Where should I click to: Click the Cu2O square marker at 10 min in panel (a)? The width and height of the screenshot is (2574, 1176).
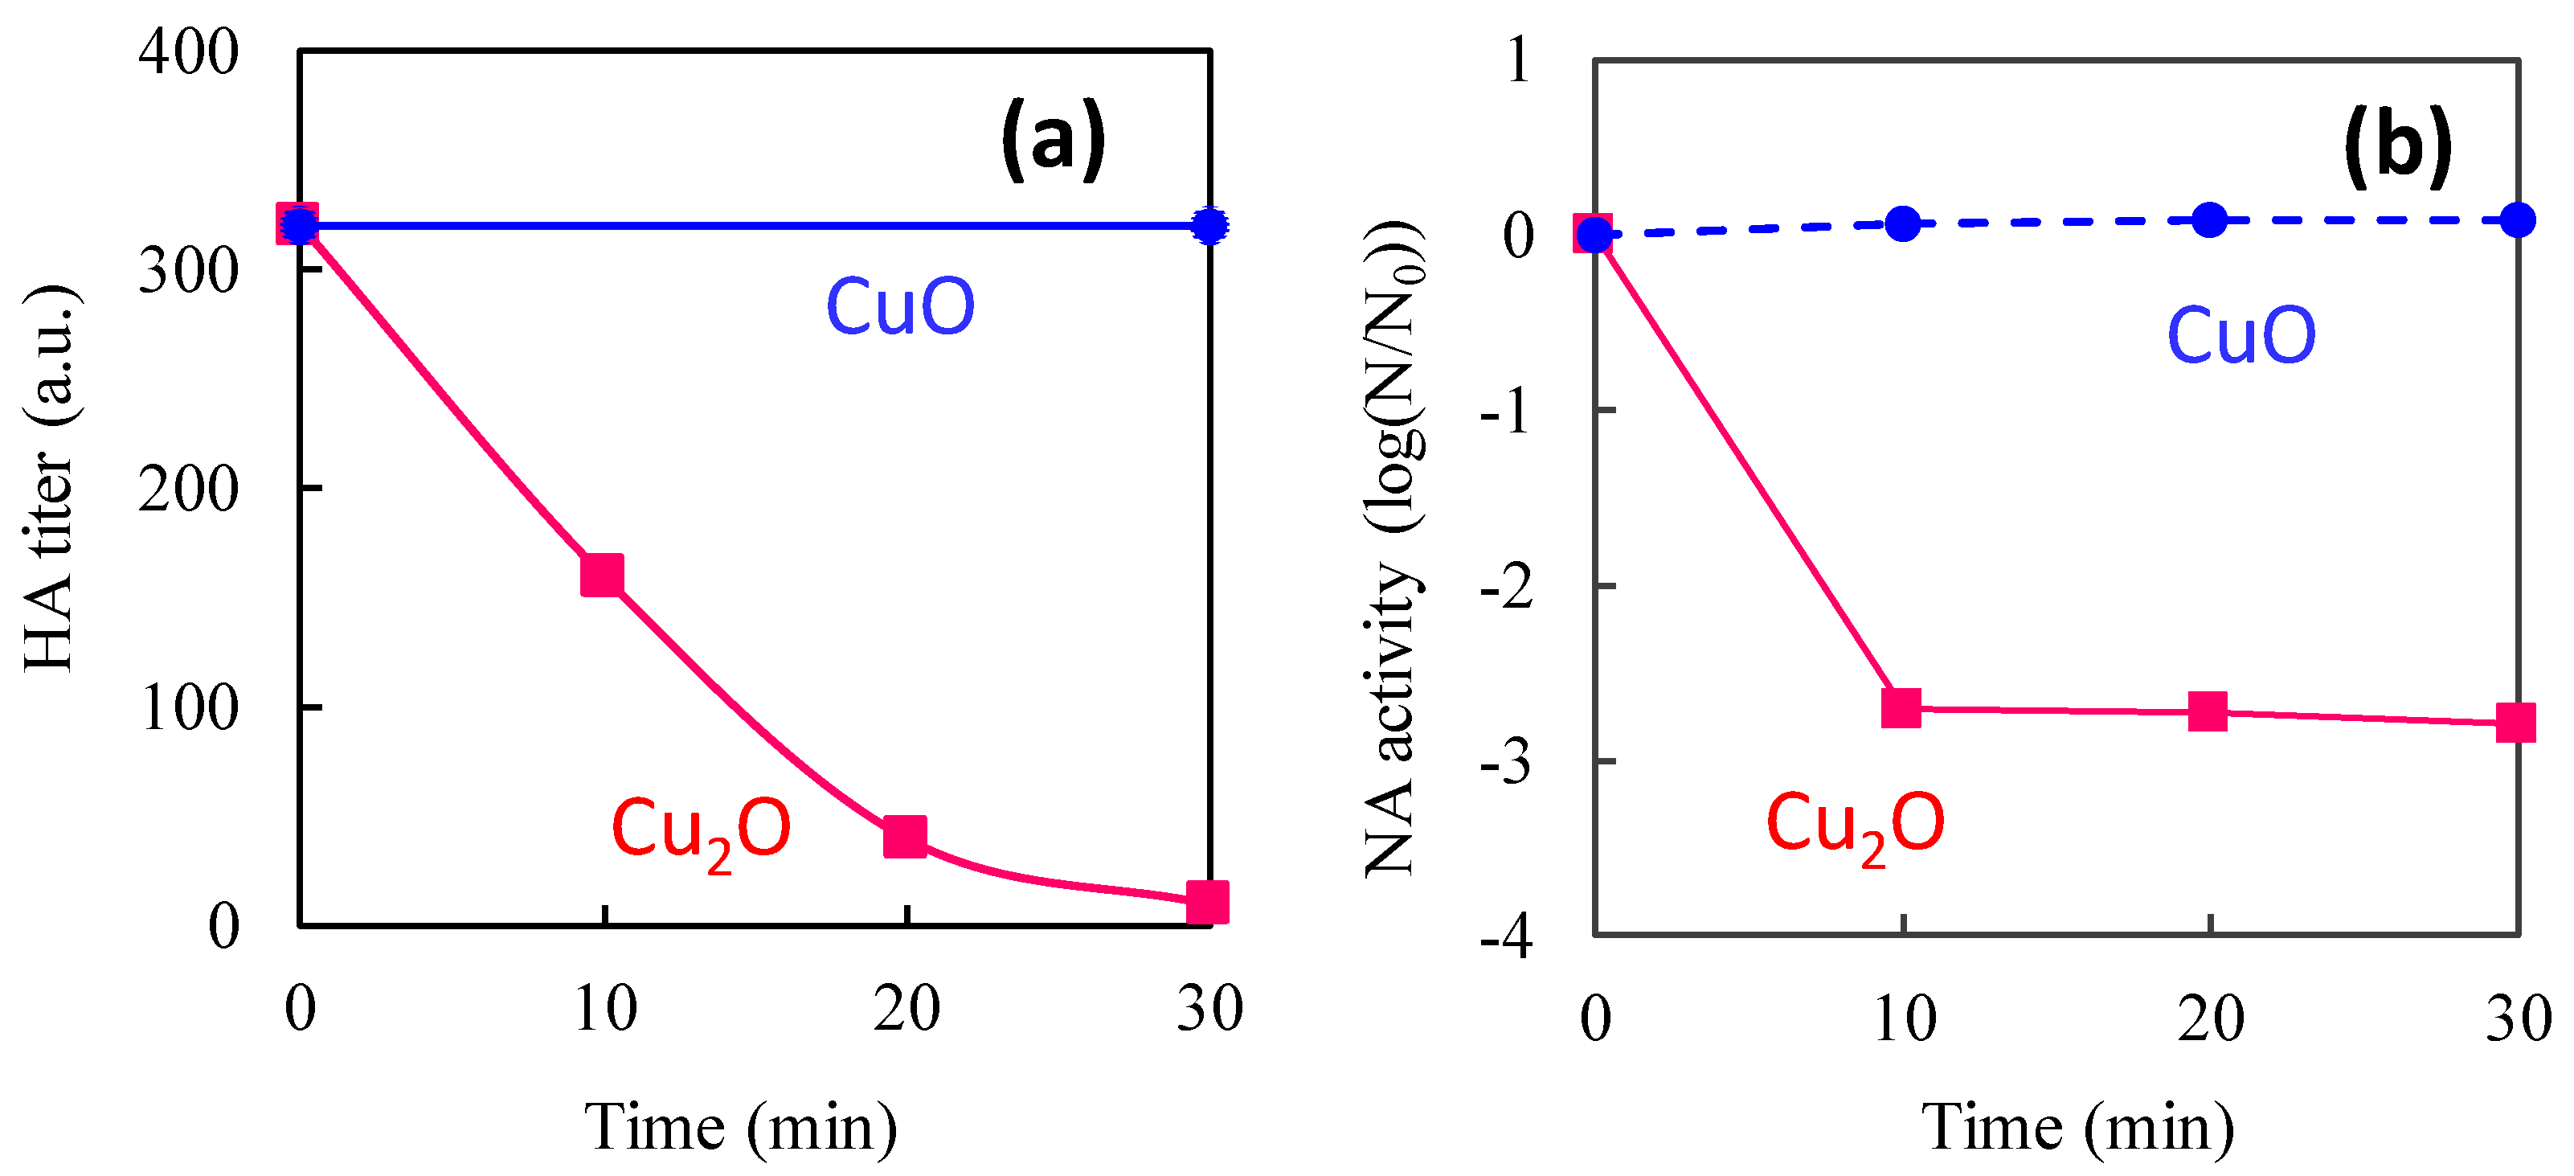pyautogui.click(x=603, y=575)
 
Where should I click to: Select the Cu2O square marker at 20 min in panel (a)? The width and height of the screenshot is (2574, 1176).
pyautogui.click(x=906, y=835)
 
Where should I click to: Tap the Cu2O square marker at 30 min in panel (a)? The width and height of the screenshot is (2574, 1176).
pyautogui.click(x=1207, y=901)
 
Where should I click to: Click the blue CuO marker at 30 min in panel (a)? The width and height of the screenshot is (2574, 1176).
pyautogui.click(x=1210, y=226)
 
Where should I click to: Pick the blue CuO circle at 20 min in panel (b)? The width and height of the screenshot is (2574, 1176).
pyautogui.click(x=2209, y=219)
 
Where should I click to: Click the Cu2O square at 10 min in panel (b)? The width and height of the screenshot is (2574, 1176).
pyautogui.click(x=1901, y=707)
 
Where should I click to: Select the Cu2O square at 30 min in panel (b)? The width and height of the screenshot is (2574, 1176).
pyautogui.click(x=2515, y=721)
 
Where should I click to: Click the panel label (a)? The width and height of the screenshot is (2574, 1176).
pyautogui.click(x=1054, y=140)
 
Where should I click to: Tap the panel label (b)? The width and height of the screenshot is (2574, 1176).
pyautogui.click(x=2398, y=147)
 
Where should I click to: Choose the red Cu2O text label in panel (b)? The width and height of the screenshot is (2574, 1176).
pyautogui.click(x=1855, y=826)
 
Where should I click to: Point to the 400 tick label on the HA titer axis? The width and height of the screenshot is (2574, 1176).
pyautogui.click(x=188, y=52)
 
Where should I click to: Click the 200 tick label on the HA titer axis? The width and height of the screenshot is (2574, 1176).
pyautogui.click(x=188, y=490)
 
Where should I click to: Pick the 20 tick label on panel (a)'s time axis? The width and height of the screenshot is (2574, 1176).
pyautogui.click(x=906, y=1009)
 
